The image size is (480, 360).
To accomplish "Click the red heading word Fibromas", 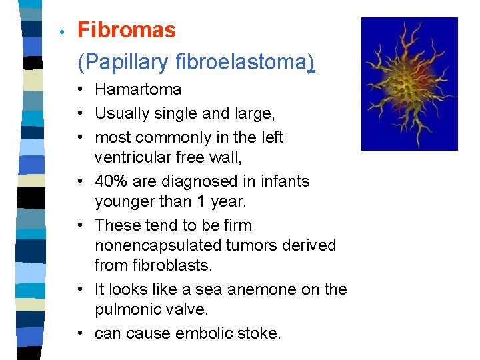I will point(127,30).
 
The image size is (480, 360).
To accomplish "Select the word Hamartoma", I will point(138,89).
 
